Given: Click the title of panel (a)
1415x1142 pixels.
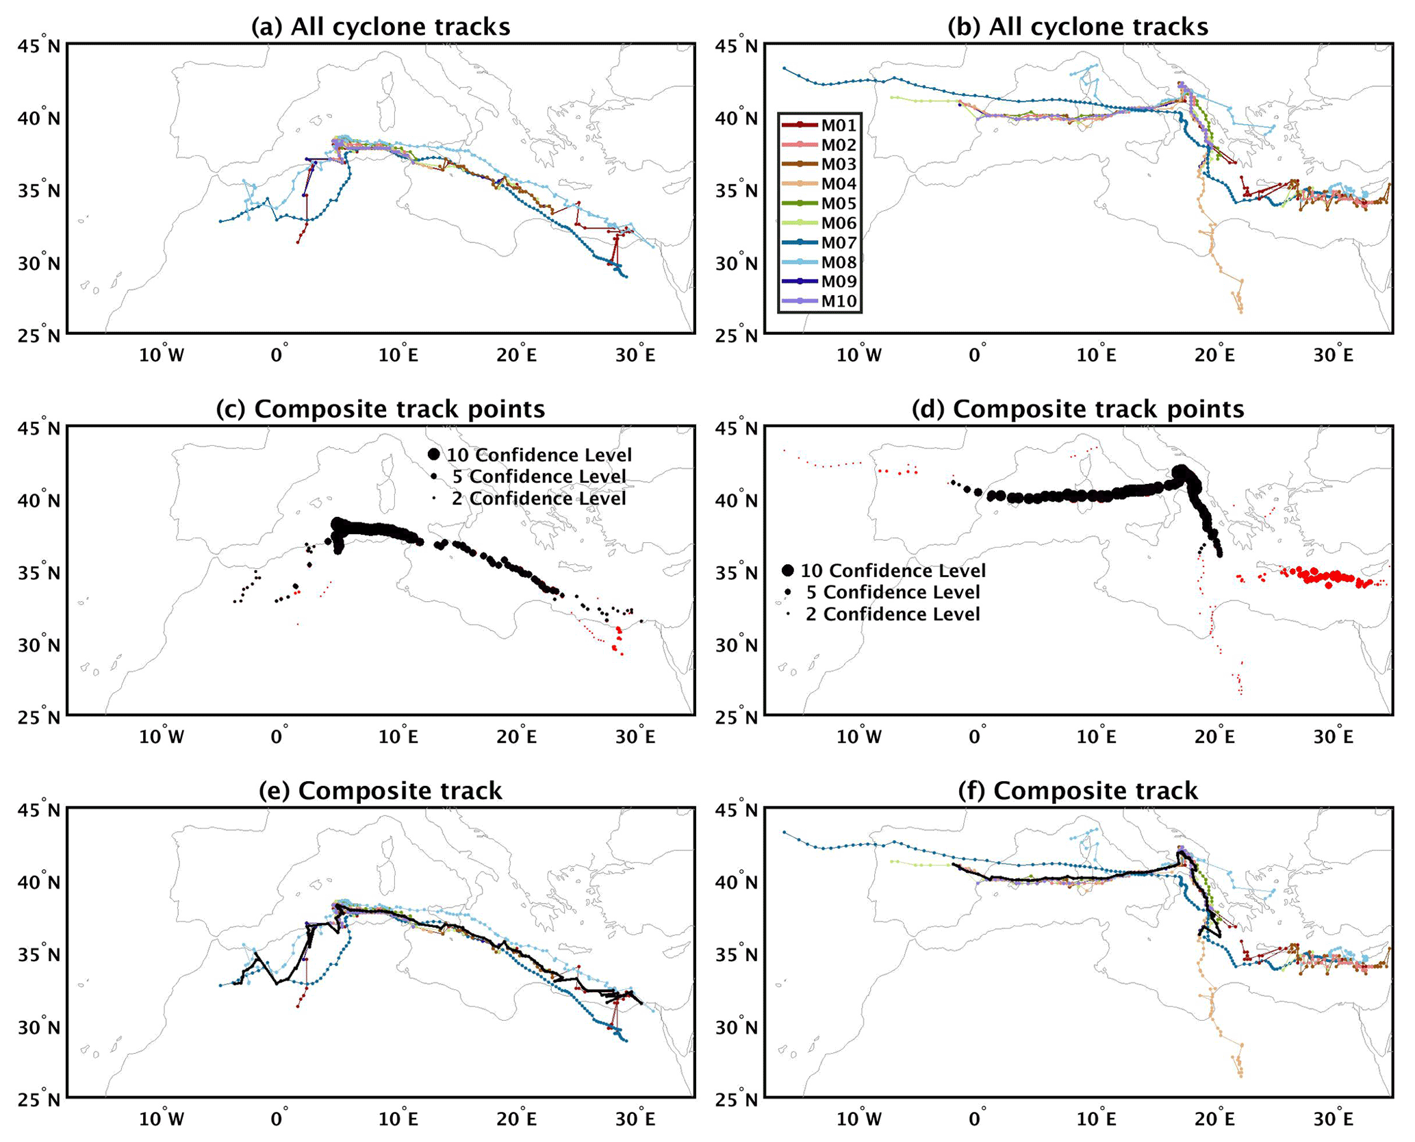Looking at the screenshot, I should (x=381, y=27).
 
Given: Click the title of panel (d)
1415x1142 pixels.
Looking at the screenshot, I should (x=1078, y=409).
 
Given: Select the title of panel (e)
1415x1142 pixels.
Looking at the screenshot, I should (x=381, y=790).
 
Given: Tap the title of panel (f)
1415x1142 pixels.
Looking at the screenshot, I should (x=1078, y=790).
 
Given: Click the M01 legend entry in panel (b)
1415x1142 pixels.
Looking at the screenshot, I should (x=819, y=125).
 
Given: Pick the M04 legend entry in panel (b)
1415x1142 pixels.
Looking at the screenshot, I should (x=819, y=183).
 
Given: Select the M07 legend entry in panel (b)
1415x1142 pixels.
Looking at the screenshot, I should (x=819, y=242).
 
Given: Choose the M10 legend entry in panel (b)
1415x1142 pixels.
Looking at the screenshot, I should (x=819, y=301).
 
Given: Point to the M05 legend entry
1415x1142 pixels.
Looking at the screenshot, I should (x=819, y=203).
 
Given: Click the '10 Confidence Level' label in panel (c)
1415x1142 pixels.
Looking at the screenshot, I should (x=539, y=455).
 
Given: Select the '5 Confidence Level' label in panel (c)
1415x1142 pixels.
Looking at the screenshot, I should (x=539, y=477).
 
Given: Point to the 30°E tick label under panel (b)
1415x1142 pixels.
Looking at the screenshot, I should (x=1333, y=355).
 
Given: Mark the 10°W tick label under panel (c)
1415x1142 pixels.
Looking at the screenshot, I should (x=162, y=737).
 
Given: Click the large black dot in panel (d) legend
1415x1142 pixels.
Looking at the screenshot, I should (x=788, y=570).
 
